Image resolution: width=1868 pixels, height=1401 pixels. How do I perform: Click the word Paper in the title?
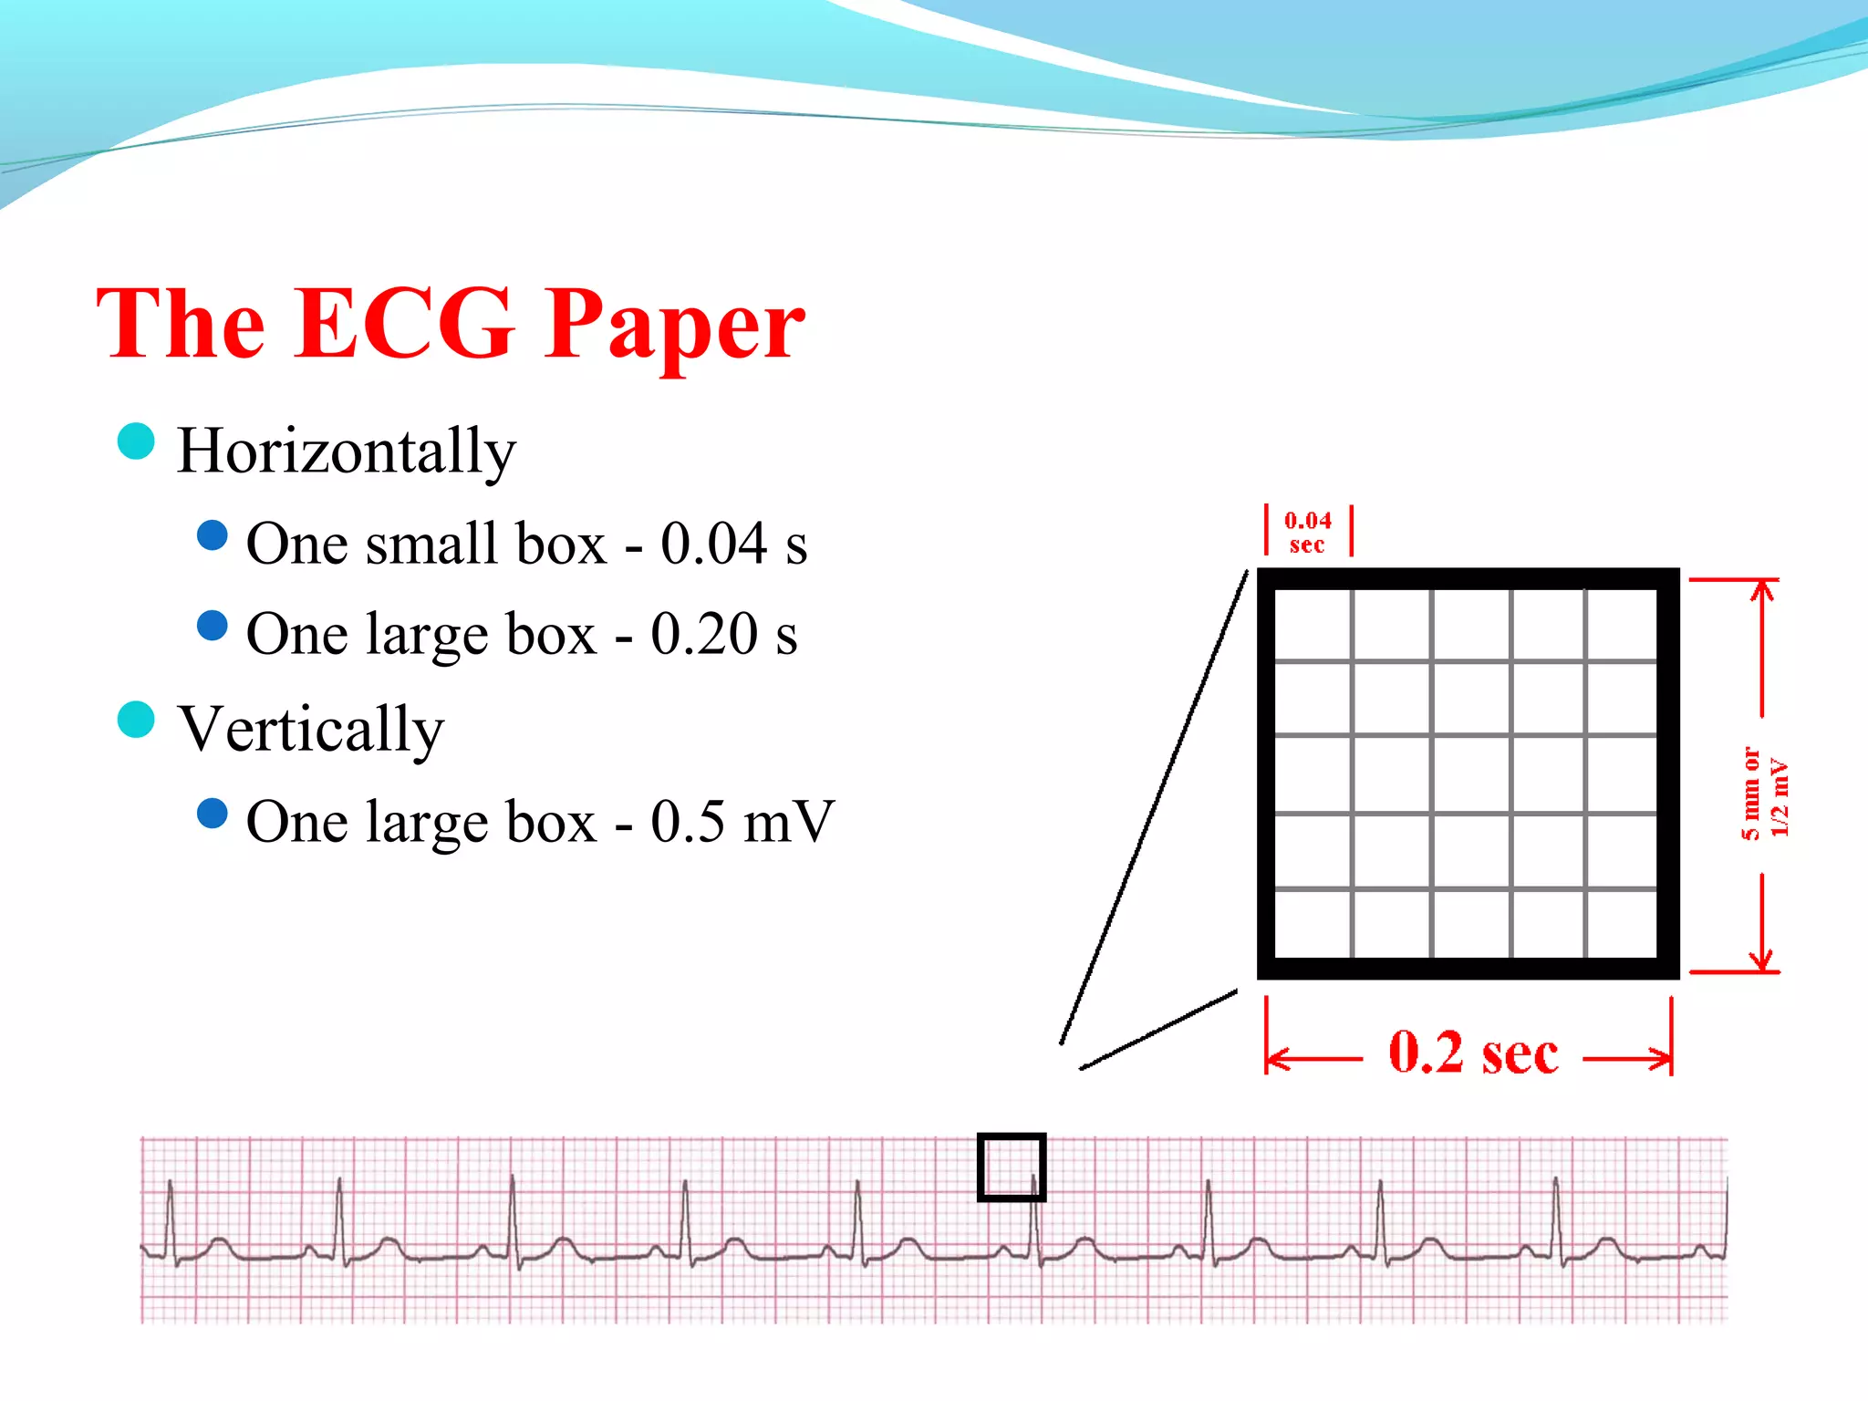(674, 327)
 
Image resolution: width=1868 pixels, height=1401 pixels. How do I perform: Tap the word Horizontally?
(346, 451)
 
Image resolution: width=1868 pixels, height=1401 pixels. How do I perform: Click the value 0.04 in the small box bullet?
(713, 544)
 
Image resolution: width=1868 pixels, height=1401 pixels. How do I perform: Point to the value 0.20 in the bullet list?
(703, 634)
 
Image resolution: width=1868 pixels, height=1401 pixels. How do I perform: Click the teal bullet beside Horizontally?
(137, 441)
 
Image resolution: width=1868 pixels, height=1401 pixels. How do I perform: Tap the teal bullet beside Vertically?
(137, 719)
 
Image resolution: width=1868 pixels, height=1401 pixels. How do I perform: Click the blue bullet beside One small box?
(213, 535)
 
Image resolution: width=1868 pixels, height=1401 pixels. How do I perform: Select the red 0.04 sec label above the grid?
(1308, 532)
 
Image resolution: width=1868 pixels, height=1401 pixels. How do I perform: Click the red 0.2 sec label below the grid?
(1472, 1053)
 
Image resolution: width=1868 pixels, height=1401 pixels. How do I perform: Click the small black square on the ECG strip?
(1011, 1167)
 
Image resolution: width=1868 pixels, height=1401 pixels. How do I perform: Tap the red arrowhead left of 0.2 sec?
(1277, 1059)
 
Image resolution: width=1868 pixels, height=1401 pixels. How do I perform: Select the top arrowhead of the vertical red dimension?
(1762, 589)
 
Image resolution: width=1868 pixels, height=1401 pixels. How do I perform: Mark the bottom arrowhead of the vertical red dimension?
(1762, 960)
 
